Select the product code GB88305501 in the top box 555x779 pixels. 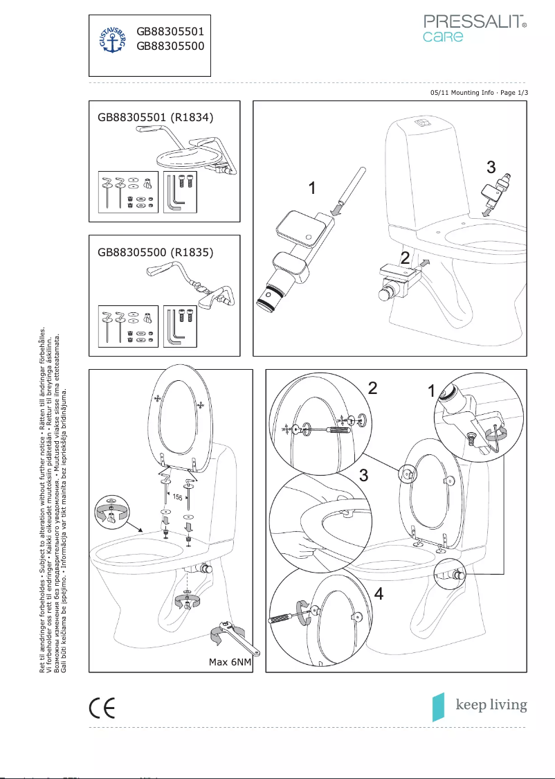[x=170, y=31]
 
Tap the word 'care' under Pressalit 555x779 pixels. [x=443, y=37]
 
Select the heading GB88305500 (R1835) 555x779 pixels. [x=156, y=252]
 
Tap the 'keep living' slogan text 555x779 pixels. [x=491, y=705]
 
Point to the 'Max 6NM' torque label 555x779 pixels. [x=230, y=662]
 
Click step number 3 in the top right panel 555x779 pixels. [x=490, y=167]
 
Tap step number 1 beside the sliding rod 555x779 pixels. [x=313, y=188]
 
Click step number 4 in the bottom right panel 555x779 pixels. [x=378, y=593]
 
